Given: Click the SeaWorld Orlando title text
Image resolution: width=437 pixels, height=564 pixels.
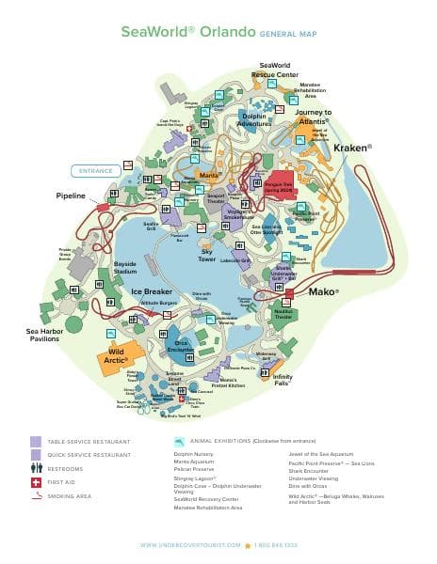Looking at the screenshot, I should pyautogui.click(x=187, y=31).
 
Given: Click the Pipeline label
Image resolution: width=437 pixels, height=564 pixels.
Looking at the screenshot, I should pyautogui.click(x=70, y=196).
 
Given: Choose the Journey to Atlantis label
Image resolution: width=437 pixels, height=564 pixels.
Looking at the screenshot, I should pyautogui.click(x=314, y=117).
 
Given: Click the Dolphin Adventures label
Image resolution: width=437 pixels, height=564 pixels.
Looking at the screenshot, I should pyautogui.click(x=255, y=119).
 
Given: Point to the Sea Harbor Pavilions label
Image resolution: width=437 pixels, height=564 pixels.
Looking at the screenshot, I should pyautogui.click(x=42, y=335).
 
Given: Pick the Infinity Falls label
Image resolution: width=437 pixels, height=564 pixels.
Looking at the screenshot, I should pyautogui.click(x=283, y=380).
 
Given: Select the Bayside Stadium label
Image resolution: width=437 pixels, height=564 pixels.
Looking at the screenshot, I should pyautogui.click(x=124, y=268).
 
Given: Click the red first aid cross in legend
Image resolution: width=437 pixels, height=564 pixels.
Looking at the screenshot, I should pyautogui.click(x=36, y=481).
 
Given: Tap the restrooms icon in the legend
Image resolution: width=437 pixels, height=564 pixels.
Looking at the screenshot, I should pyautogui.click(x=36, y=467).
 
